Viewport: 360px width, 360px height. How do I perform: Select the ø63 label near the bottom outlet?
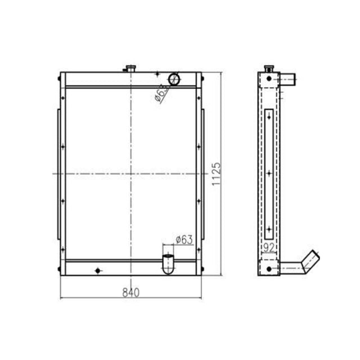[x=184, y=240]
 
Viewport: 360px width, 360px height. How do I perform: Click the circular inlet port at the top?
[x=175, y=79]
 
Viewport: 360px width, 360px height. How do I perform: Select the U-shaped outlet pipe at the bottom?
[x=168, y=264]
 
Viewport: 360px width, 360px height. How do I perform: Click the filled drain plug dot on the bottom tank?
[x=98, y=271]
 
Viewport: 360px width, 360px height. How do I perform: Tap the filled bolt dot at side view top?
[x=269, y=78]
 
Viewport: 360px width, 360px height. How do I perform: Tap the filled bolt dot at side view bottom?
[x=269, y=269]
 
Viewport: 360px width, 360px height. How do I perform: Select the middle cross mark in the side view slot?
[x=270, y=173]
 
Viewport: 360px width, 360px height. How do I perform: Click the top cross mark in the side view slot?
[x=270, y=117]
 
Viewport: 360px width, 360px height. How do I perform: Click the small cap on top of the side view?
[x=269, y=68]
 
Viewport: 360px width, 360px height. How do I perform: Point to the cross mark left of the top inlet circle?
[x=157, y=75]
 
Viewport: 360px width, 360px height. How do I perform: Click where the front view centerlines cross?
[x=131, y=174]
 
